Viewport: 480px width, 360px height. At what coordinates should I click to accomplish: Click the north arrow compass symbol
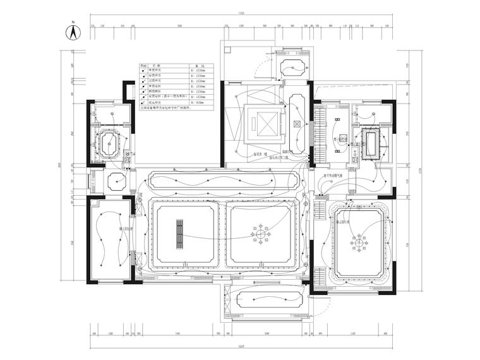(73, 32)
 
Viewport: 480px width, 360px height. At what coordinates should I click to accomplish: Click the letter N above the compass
(73, 22)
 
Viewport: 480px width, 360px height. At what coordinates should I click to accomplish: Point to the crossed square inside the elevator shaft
(261, 120)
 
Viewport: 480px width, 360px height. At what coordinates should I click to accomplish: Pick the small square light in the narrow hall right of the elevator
(296, 123)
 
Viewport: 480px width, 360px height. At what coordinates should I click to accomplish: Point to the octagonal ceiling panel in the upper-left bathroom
(111, 143)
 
